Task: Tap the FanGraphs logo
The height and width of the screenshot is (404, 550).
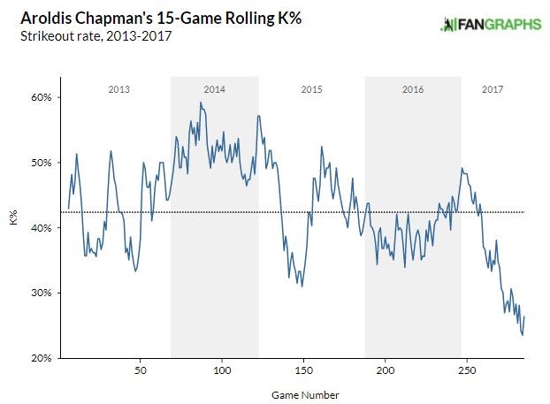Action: coord(491,25)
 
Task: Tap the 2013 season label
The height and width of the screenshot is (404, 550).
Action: coord(119,89)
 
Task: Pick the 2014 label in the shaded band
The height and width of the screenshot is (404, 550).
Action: coord(215,89)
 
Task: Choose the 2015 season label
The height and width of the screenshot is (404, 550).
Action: coord(311,89)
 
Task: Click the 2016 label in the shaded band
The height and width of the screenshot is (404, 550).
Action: coord(413,89)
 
